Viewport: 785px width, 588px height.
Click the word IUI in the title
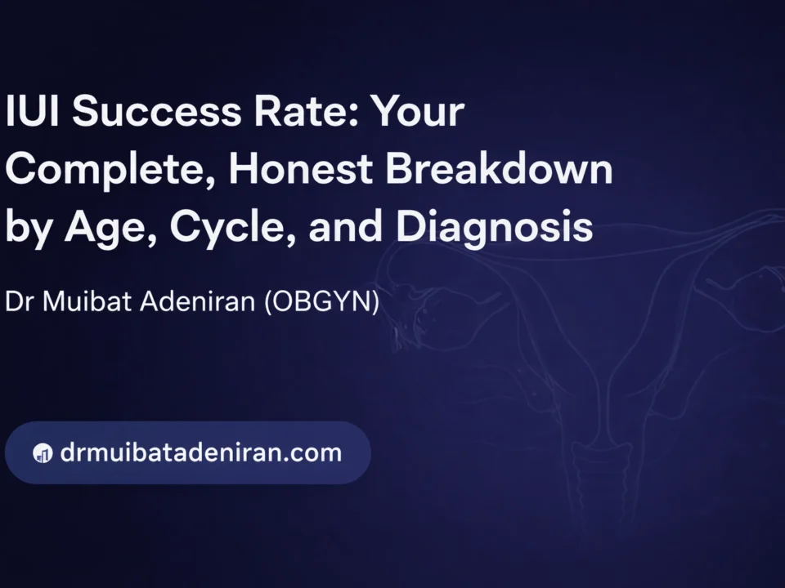(32, 110)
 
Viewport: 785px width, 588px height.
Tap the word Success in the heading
(157, 111)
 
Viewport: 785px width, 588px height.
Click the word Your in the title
(417, 111)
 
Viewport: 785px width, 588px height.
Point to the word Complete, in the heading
(110, 170)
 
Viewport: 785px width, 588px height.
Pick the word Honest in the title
(301, 168)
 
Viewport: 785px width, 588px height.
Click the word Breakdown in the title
(499, 168)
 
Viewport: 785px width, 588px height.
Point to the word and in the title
(346, 226)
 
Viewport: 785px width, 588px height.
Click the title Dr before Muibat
(19, 301)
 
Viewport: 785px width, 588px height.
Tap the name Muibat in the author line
(87, 301)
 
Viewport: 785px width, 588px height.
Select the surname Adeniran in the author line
(198, 301)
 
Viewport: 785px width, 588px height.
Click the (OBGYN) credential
(322, 301)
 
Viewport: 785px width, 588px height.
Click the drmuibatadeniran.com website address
(201, 452)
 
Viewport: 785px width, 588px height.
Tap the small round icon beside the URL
(43, 453)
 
